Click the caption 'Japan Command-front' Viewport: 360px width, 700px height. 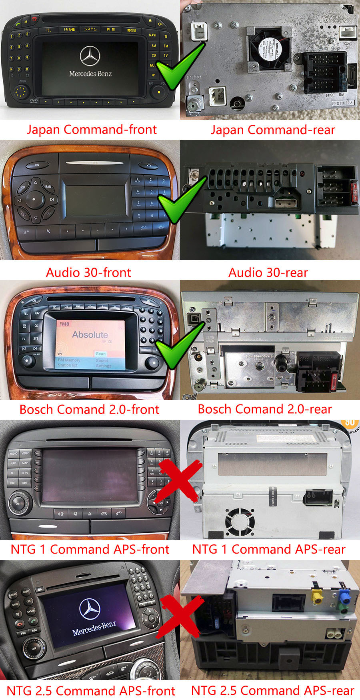click(x=92, y=130)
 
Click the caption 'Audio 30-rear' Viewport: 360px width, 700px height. click(x=268, y=272)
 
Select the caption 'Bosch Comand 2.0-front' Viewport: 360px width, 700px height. click(x=89, y=409)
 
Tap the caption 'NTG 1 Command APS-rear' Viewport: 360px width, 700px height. click(x=268, y=549)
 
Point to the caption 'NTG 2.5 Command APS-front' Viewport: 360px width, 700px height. click(x=91, y=690)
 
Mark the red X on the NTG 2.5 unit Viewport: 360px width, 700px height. click(x=179, y=618)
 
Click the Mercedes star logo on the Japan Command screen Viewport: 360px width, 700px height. click(x=90, y=56)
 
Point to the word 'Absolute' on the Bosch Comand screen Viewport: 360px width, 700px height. click(x=90, y=334)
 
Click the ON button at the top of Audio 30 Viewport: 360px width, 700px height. click(x=37, y=165)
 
